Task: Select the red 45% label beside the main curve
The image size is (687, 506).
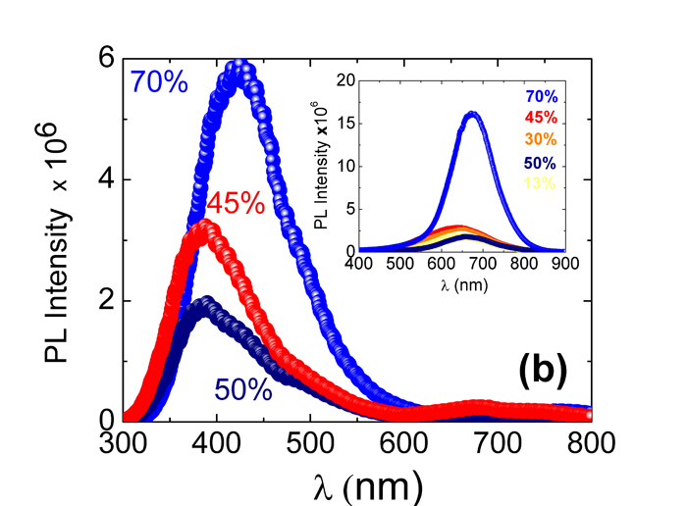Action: (x=236, y=204)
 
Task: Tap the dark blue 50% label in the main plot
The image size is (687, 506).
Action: (x=242, y=389)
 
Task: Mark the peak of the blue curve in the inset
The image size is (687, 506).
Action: (x=472, y=115)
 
